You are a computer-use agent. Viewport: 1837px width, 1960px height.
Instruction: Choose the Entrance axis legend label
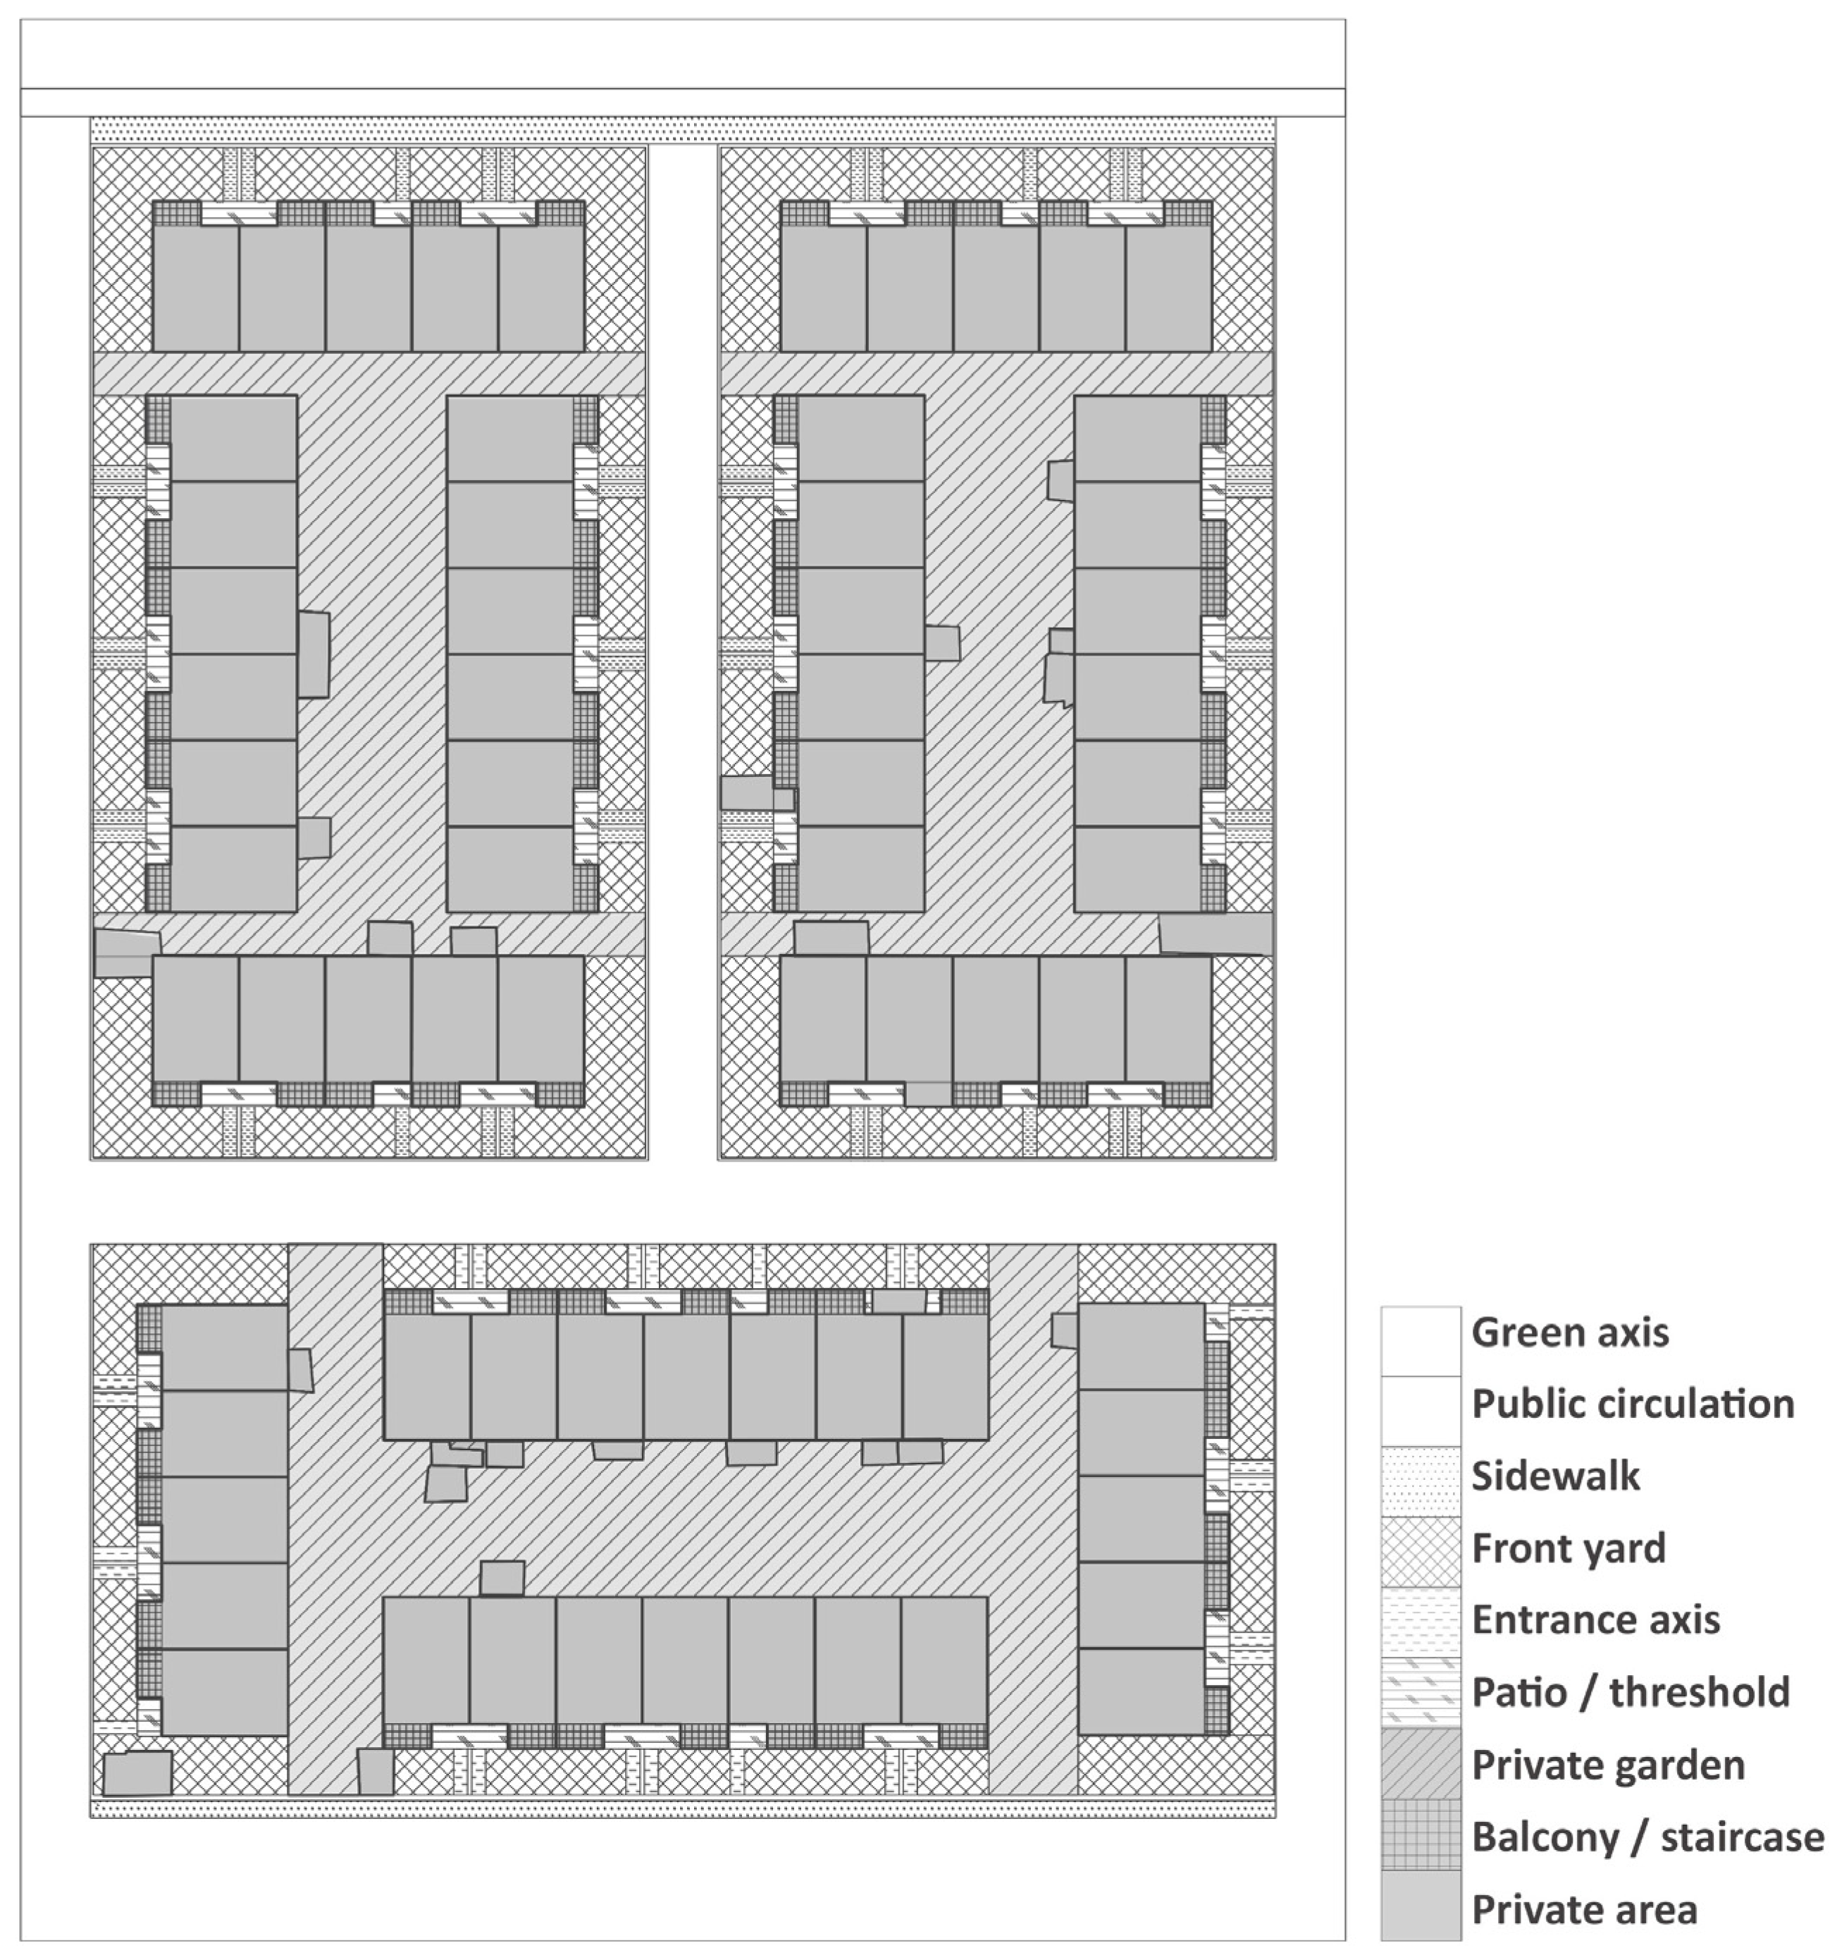tap(1595, 1620)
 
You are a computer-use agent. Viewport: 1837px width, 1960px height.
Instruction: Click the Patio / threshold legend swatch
tap(1420, 1692)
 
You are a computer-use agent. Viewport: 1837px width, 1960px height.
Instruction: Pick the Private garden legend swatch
tap(1420, 1764)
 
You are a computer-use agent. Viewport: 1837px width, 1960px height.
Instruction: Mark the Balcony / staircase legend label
tap(1647, 1837)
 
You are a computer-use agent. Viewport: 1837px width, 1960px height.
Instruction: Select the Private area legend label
tap(1584, 1910)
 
